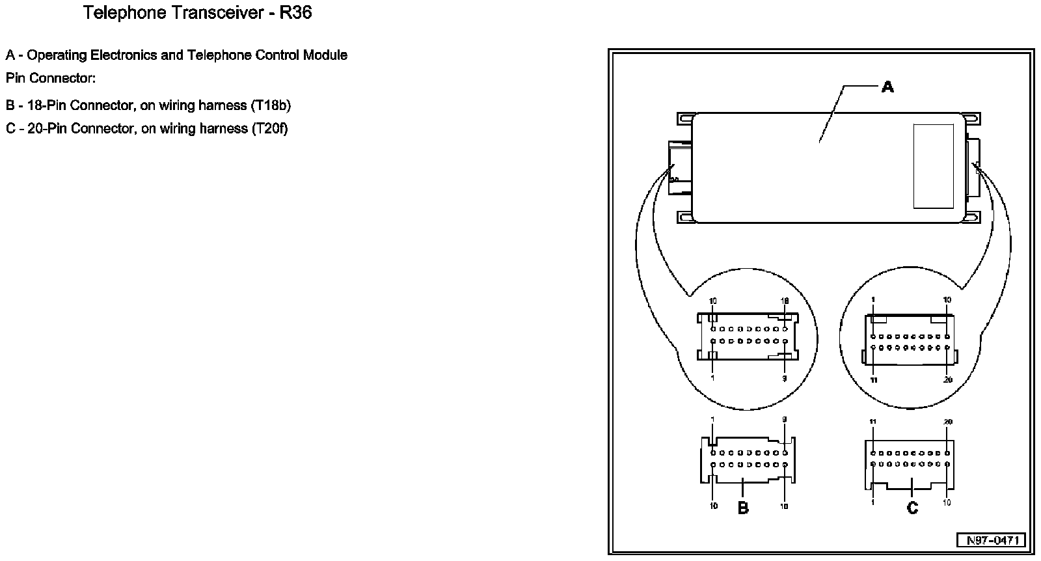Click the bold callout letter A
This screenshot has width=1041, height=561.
click(887, 86)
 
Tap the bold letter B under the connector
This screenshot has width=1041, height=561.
click(743, 508)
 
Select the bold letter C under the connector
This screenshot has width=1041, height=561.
click(912, 508)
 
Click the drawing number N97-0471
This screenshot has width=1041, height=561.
click(991, 540)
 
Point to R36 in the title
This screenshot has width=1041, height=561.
click(295, 13)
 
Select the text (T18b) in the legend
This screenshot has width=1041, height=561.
click(270, 105)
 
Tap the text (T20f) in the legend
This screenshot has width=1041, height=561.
click(269, 128)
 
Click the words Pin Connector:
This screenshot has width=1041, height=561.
click(51, 78)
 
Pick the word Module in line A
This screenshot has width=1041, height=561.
click(325, 55)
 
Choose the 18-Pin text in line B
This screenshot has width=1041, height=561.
click(47, 105)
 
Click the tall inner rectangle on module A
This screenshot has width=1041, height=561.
click(933, 167)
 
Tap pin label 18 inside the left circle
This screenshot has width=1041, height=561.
click(785, 301)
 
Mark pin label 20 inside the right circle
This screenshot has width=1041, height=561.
click(947, 379)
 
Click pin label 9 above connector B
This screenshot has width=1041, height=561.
click(785, 420)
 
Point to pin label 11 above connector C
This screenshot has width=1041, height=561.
click(873, 422)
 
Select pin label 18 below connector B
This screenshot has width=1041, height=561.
click(785, 506)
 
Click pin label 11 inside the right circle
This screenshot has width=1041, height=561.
click(874, 379)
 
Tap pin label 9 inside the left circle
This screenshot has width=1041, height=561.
click(785, 378)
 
